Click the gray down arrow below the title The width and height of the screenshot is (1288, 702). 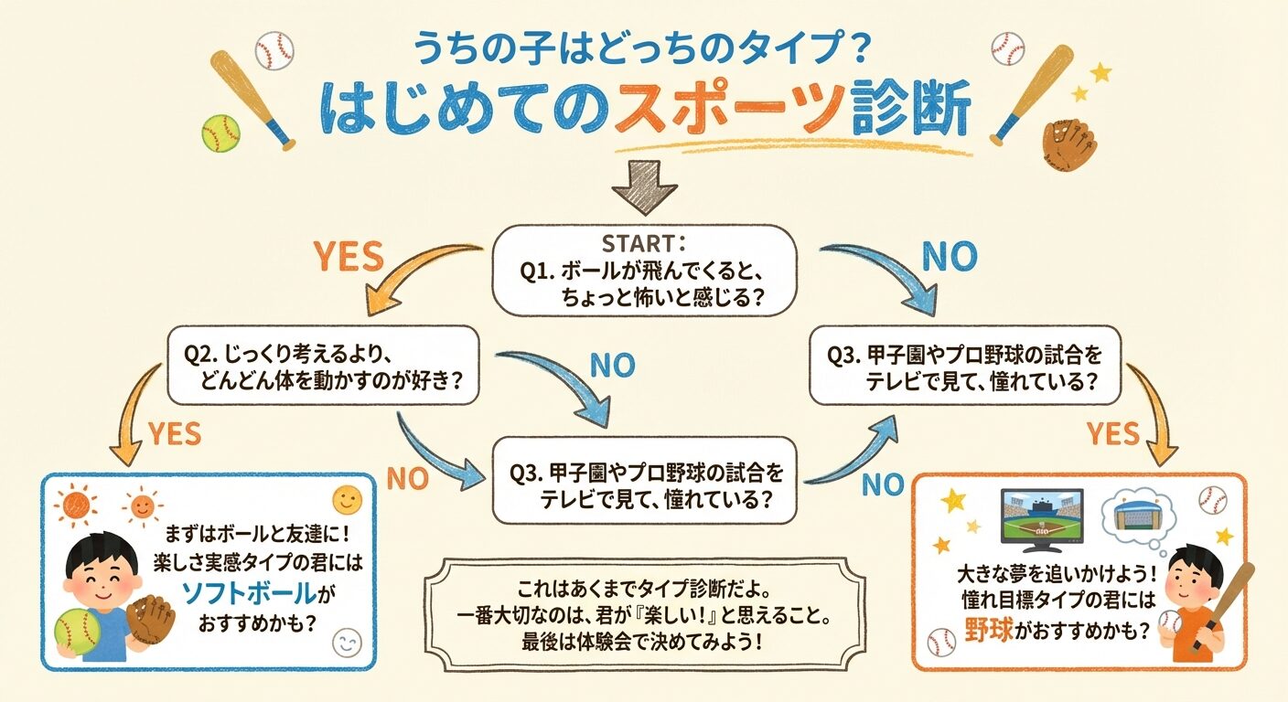[x=644, y=187]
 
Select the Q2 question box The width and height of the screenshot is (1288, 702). [x=324, y=365]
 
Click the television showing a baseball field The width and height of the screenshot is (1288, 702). [x=1042, y=518]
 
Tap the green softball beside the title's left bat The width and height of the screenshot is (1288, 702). [x=220, y=133]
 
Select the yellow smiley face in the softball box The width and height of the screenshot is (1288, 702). [x=347, y=499]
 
